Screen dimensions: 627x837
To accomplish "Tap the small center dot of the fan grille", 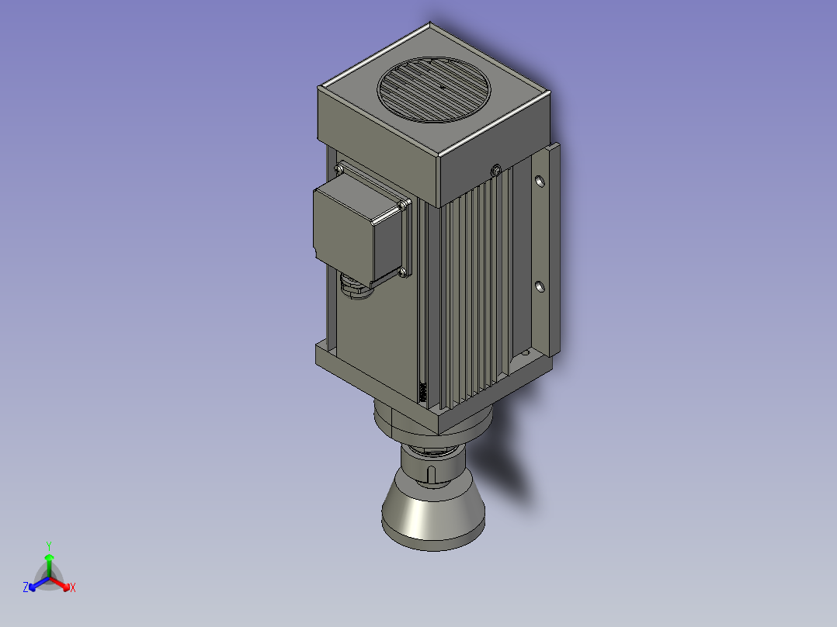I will [441, 87].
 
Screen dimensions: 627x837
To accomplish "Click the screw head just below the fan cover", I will [495, 169].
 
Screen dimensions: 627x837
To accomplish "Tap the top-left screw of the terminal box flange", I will [339, 169].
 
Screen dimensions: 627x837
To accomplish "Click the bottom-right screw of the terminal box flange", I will [404, 272].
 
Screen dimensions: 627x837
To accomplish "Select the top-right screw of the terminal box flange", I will [404, 204].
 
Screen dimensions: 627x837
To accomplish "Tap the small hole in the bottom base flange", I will [523, 354].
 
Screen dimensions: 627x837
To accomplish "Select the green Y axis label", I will [49, 546].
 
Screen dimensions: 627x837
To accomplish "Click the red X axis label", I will [73, 588].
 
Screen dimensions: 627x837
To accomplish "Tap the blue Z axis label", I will [26, 588].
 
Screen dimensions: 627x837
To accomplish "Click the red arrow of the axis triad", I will [64, 584].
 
